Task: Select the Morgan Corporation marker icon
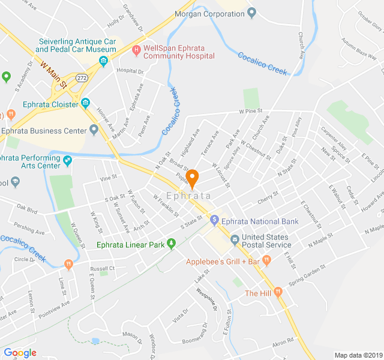tap(251, 13)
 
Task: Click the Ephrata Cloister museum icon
tap(85, 104)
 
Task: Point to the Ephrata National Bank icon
tap(214, 221)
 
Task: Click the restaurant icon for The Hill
tap(278, 293)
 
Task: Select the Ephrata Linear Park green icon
tap(171, 244)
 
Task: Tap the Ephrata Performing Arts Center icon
tap(67, 161)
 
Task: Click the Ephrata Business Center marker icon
tap(94, 130)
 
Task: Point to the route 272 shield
tap(82, 78)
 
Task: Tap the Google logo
tap(20, 352)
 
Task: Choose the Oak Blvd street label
tap(27, 211)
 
